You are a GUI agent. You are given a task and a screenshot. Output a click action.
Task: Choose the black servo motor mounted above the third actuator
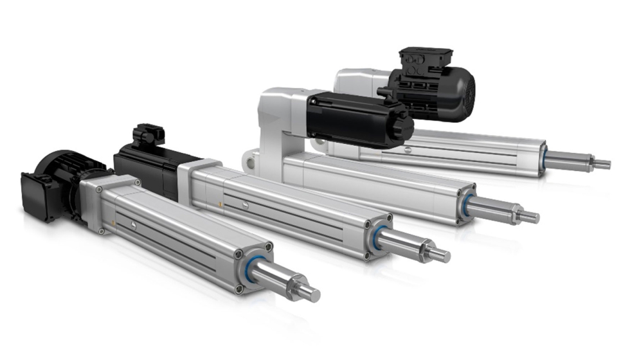tap(357, 119)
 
